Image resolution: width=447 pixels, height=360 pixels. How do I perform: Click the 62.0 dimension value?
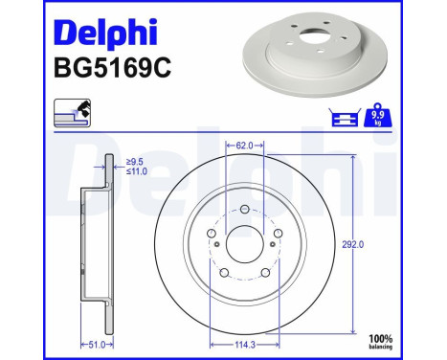click(244, 146)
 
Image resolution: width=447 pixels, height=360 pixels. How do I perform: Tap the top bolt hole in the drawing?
click(244, 209)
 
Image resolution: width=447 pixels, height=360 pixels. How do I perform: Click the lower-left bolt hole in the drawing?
click(223, 274)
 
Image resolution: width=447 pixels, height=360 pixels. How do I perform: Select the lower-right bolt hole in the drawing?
click(265, 274)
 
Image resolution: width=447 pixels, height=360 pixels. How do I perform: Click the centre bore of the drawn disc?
click(244, 246)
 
